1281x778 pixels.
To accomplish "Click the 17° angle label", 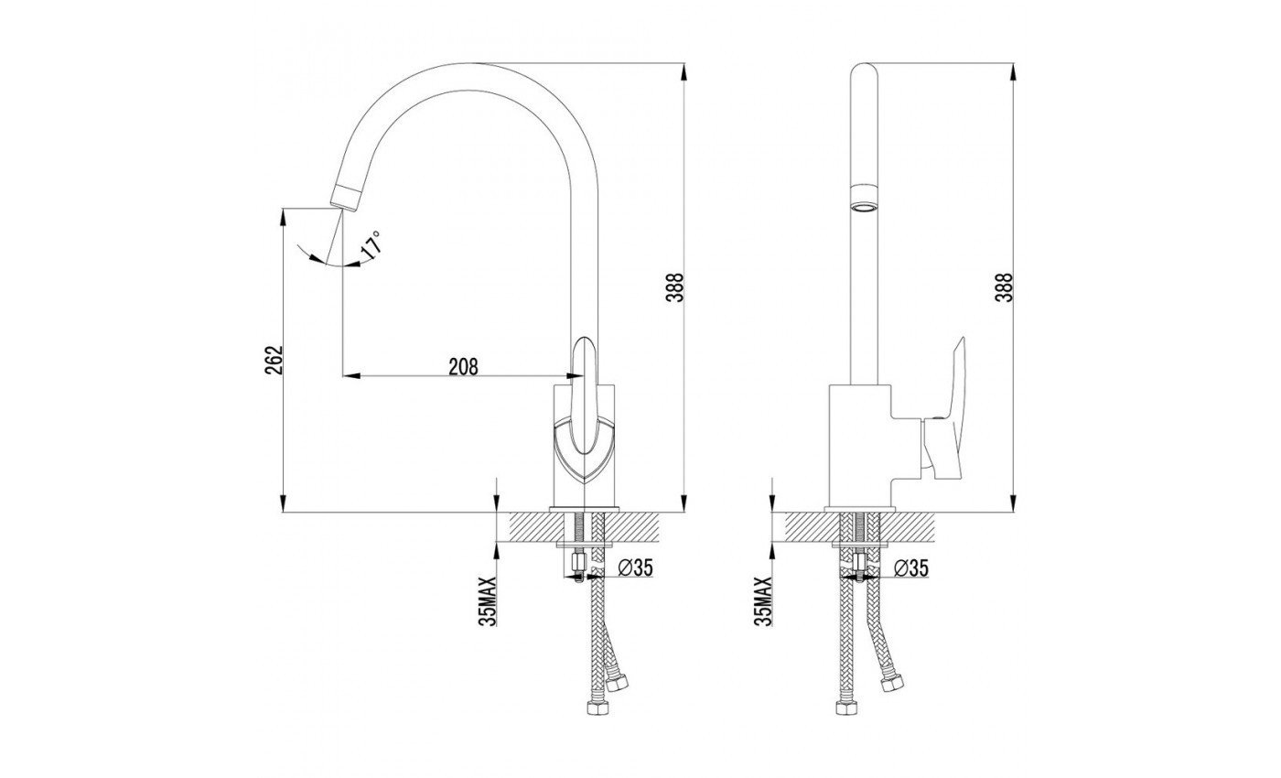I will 371,246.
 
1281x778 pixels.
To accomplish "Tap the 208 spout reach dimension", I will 463,367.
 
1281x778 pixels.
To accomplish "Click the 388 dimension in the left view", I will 677,289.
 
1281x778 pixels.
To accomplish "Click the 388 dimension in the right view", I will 1004,289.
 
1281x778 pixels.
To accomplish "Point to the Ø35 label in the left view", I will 636,568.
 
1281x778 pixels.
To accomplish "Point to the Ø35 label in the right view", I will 911,568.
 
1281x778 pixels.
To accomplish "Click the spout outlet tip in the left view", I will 345,196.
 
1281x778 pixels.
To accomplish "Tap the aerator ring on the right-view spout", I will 863,197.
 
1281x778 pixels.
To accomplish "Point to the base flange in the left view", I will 584,509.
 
